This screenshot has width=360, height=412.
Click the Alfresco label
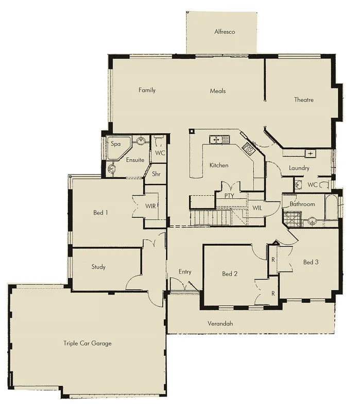point(225,32)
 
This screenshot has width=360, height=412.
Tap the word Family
point(147,90)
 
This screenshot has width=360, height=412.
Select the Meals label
point(218,91)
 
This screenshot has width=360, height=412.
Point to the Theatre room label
point(304,99)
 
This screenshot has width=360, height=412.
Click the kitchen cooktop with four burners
point(248,149)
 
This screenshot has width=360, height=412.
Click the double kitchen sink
point(219,139)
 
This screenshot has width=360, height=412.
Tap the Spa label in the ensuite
point(116,144)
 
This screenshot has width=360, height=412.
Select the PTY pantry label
point(229,196)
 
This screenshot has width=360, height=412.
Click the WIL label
point(258,208)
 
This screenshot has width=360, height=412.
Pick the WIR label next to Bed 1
point(150,206)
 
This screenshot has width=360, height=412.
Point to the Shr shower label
point(156,174)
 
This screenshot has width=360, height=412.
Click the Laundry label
point(299,168)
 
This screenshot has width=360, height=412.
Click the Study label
point(98,267)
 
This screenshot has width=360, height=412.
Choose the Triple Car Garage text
point(88,343)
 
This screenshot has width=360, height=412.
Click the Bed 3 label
point(311,262)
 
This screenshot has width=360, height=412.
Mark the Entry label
point(185,271)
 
